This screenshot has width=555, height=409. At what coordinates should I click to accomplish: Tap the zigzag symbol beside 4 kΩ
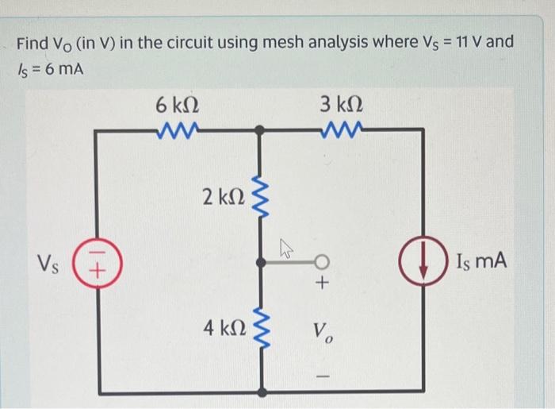tap(258, 327)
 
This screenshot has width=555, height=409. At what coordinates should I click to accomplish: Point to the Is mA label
tap(480, 260)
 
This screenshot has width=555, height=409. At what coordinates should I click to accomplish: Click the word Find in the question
tap(34, 42)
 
